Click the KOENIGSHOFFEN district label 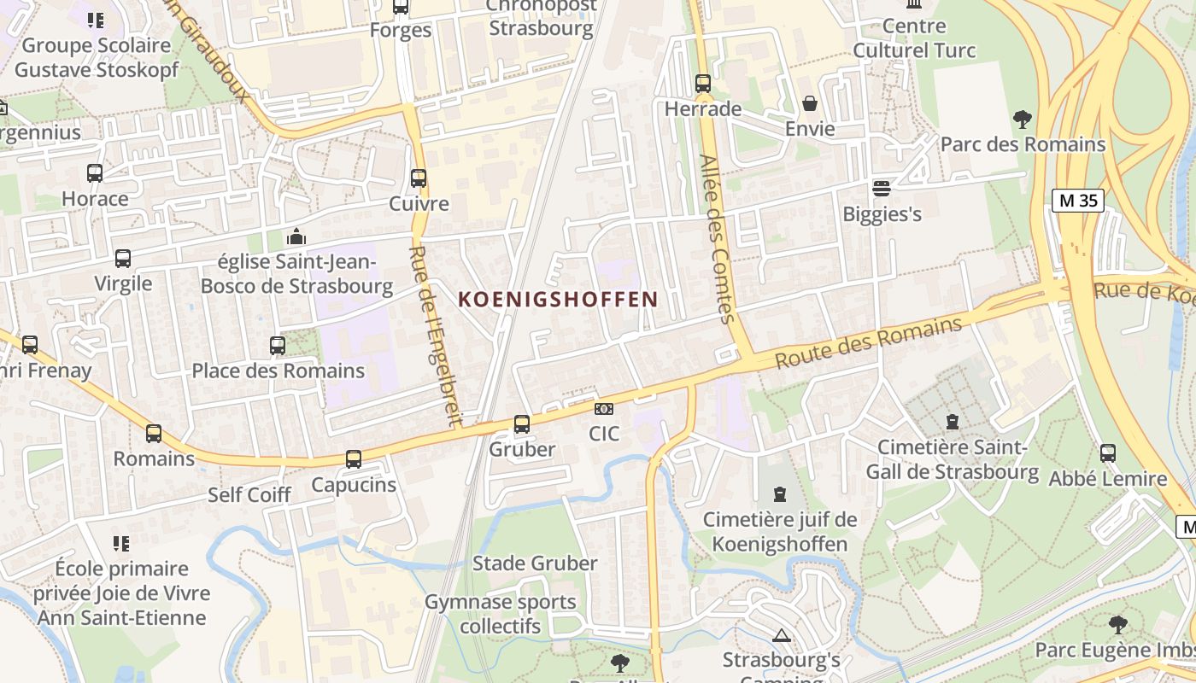click(x=558, y=300)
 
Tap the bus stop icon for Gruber click(x=521, y=423)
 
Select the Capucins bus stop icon click(x=354, y=459)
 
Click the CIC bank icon click(x=604, y=410)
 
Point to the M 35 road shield click(x=1078, y=201)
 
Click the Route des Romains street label click(x=868, y=343)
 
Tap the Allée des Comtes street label click(x=716, y=239)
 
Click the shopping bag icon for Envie click(x=809, y=104)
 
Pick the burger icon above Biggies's click(x=882, y=188)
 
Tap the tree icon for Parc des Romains click(x=1022, y=119)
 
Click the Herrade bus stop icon click(x=702, y=84)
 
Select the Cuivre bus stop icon click(x=419, y=178)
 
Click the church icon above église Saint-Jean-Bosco click(x=296, y=236)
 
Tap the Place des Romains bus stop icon click(x=278, y=346)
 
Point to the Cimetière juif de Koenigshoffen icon click(x=779, y=493)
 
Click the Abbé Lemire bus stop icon click(x=1108, y=453)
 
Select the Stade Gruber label click(x=535, y=563)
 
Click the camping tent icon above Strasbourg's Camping click(x=781, y=635)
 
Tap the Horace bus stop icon click(x=95, y=173)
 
